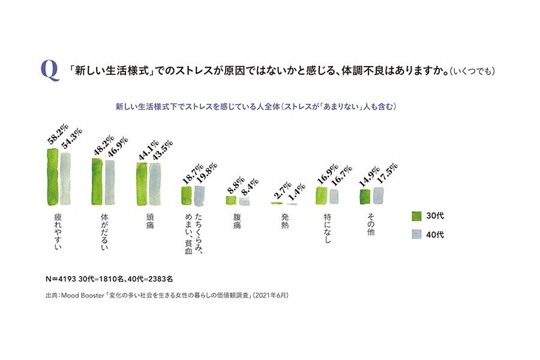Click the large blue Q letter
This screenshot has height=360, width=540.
tap(50, 71)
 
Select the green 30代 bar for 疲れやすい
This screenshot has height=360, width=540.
tap(52, 177)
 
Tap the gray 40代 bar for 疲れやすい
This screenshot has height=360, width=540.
tap(65, 179)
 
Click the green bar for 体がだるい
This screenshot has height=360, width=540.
tap(97, 182)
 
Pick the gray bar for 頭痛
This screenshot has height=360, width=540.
tap(155, 184)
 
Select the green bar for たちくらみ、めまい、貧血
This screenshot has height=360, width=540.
tap(186, 196)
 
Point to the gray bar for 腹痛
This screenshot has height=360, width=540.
tap(244, 202)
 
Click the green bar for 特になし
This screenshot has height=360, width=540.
tap(322, 196)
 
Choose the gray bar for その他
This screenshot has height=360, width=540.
tap(378, 196)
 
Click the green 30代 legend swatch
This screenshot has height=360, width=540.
tap(418, 215)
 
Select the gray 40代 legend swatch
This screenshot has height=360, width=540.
tap(418, 234)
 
